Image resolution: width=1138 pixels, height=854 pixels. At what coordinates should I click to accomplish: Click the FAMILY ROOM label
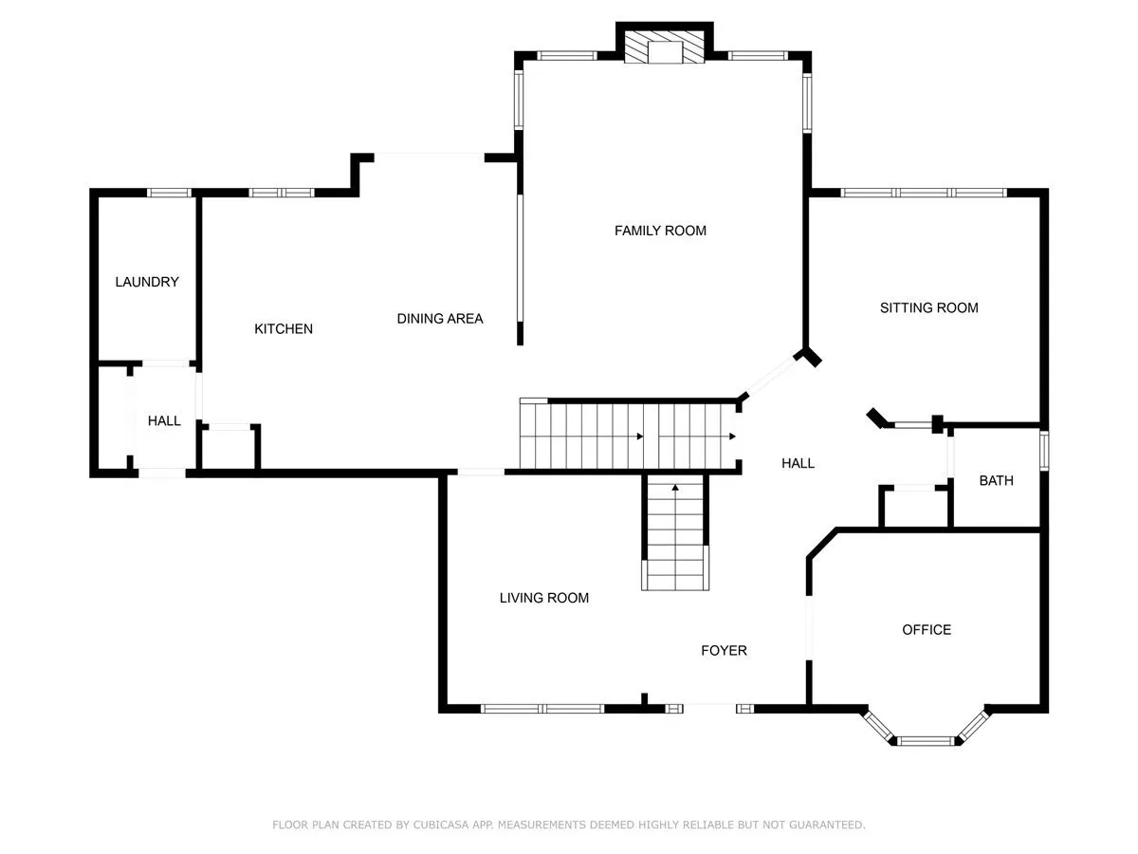(x=660, y=231)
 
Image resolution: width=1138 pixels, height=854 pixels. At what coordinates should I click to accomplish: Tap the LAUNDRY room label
(x=147, y=282)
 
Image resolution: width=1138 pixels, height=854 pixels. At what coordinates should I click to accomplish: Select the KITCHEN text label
(x=284, y=328)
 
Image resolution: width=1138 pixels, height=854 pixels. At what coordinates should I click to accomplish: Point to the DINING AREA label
(x=440, y=319)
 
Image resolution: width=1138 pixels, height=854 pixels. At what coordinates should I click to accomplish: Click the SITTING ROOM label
(x=929, y=308)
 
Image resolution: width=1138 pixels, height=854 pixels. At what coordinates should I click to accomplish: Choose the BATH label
(x=996, y=481)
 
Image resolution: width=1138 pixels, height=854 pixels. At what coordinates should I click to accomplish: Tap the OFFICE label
(x=927, y=630)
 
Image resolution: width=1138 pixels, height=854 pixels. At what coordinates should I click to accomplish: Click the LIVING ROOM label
(x=543, y=598)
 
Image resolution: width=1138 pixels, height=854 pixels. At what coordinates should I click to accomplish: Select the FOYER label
(x=724, y=651)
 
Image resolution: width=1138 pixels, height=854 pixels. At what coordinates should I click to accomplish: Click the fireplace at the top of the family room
(x=664, y=47)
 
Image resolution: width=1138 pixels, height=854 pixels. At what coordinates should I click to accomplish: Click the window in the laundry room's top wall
(x=169, y=193)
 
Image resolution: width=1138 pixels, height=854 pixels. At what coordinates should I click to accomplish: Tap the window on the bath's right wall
(x=1044, y=451)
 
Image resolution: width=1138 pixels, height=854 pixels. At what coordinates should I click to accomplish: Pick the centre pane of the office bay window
(x=926, y=741)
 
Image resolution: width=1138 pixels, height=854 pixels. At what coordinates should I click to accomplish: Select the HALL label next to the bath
(x=798, y=464)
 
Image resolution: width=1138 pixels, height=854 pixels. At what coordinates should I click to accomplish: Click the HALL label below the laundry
(x=164, y=421)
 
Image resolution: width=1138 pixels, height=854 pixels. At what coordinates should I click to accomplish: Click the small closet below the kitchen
(x=229, y=449)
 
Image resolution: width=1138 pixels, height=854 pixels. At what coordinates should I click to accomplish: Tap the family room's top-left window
(x=567, y=55)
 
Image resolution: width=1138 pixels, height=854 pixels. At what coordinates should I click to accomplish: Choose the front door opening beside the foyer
(x=709, y=708)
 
